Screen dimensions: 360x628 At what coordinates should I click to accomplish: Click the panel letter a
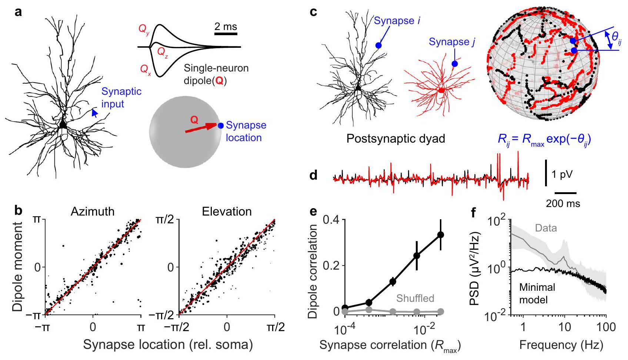click(18, 12)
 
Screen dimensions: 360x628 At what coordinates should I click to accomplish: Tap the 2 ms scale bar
click(226, 34)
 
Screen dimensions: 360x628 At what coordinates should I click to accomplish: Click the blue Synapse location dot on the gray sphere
click(221, 126)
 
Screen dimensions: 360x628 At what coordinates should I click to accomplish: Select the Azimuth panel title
click(93, 211)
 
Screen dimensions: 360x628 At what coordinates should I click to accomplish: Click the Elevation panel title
click(227, 211)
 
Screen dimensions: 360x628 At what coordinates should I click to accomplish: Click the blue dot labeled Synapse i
click(378, 45)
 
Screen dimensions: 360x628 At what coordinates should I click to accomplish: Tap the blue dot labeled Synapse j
click(455, 64)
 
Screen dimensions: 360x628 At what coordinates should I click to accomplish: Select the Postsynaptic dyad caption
click(395, 139)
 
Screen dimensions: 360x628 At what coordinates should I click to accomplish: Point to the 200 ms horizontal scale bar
click(565, 193)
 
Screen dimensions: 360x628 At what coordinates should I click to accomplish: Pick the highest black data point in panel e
click(441, 234)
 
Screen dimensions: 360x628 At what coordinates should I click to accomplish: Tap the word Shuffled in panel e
click(415, 298)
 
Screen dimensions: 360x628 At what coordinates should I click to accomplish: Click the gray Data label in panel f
click(546, 228)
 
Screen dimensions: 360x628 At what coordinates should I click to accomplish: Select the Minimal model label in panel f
click(537, 293)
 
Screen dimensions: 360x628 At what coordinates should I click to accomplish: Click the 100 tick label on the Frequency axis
click(606, 327)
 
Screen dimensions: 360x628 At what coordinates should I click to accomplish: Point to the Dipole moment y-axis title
click(19, 266)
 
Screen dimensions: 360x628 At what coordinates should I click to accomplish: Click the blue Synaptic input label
click(121, 97)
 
